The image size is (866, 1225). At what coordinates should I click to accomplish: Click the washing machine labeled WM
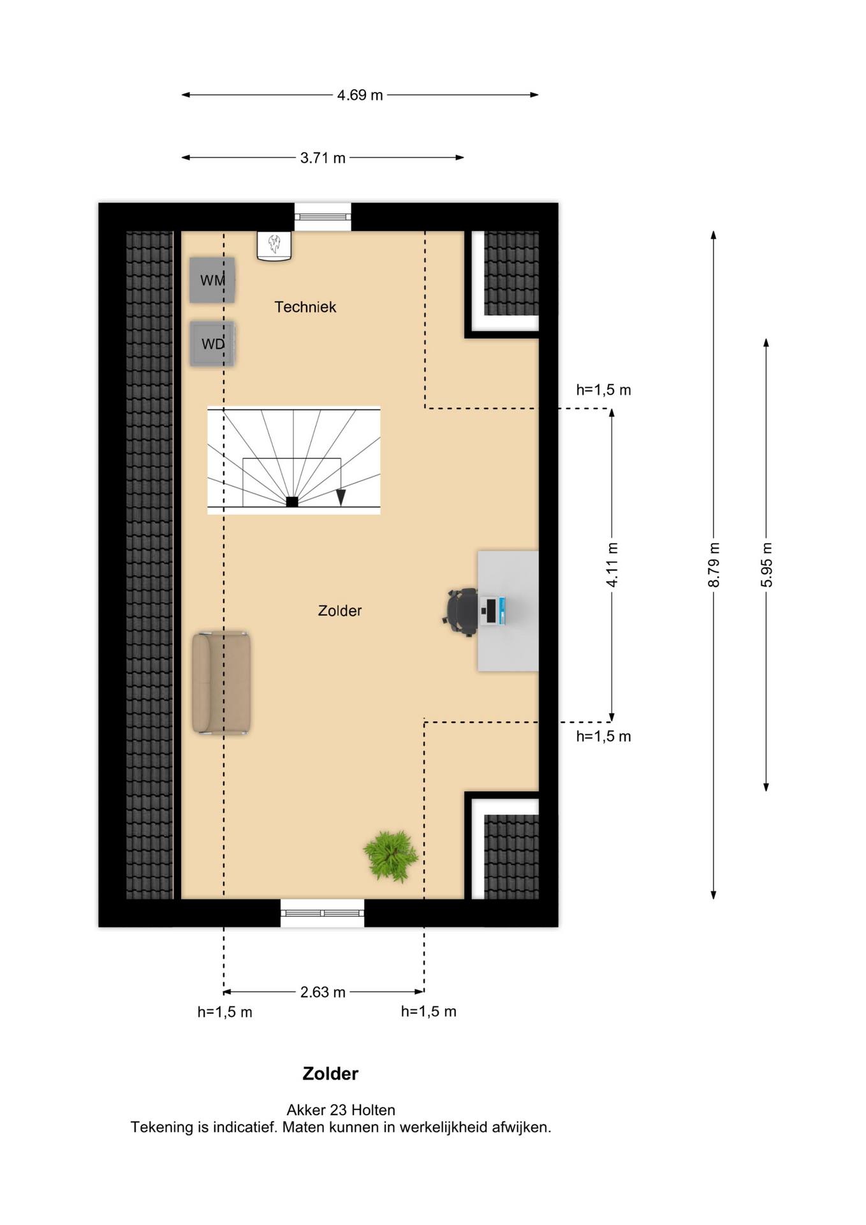click(212, 280)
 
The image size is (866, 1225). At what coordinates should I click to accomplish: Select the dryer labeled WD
click(212, 344)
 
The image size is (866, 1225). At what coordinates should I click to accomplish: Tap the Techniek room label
click(305, 307)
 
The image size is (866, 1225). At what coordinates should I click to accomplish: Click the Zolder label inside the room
click(340, 611)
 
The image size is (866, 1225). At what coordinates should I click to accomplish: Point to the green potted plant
click(390, 856)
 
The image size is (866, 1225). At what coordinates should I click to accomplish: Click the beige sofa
click(221, 683)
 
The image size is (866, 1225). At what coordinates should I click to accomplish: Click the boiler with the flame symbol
click(274, 246)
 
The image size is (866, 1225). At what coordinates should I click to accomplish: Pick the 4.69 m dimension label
click(360, 95)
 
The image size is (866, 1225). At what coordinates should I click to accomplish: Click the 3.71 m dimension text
click(323, 158)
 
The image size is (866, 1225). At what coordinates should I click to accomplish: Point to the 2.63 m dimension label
click(323, 992)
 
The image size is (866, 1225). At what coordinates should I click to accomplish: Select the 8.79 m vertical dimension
click(714, 565)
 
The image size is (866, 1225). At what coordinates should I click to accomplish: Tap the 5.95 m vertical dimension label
click(767, 565)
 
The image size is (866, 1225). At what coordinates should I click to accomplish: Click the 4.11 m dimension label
click(612, 565)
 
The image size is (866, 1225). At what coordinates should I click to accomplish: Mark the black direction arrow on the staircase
click(341, 497)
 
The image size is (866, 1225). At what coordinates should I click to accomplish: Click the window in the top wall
click(323, 217)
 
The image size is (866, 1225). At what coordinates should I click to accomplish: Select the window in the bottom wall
click(323, 913)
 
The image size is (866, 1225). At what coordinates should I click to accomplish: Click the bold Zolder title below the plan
click(330, 1074)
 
